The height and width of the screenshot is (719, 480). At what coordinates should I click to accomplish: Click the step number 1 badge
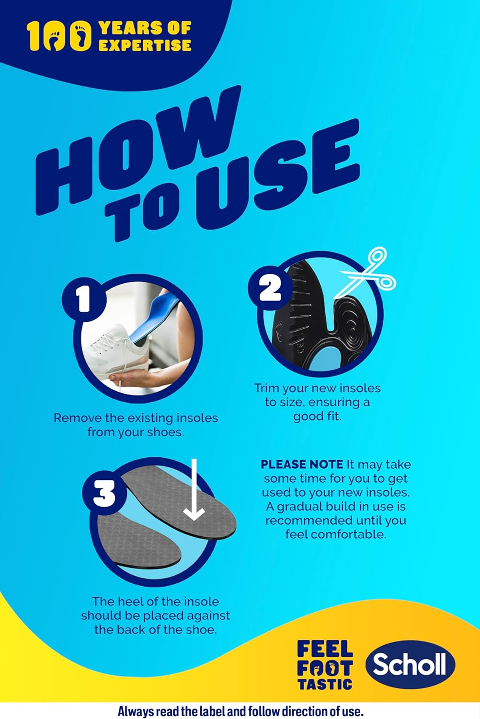tap(83, 299)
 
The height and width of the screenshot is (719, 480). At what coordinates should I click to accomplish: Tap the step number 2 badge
tap(270, 287)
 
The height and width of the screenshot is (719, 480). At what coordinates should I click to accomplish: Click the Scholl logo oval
tap(410, 664)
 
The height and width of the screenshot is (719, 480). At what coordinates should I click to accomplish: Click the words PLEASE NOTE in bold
tap(302, 464)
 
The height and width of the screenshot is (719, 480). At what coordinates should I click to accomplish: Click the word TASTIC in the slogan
tap(325, 684)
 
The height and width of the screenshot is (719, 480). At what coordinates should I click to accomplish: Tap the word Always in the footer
tap(135, 711)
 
